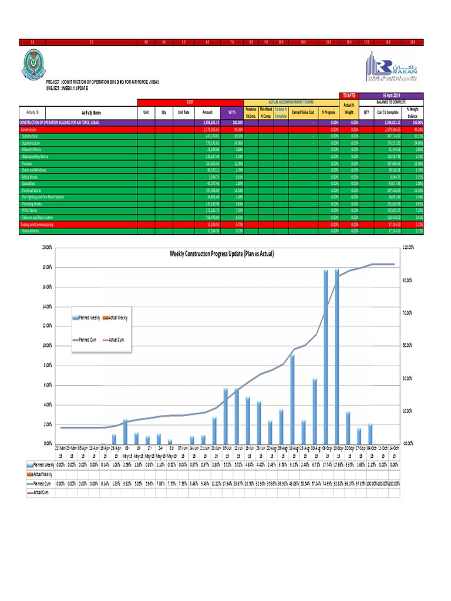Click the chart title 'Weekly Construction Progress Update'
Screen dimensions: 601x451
coord(223,254)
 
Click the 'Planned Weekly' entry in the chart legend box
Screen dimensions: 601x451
coord(87,318)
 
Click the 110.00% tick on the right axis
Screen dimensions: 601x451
coord(408,248)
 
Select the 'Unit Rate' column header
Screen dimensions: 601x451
coord(183,112)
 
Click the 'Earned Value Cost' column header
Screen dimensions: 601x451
coord(303,112)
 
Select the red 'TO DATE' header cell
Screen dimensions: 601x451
coord(349,95)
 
